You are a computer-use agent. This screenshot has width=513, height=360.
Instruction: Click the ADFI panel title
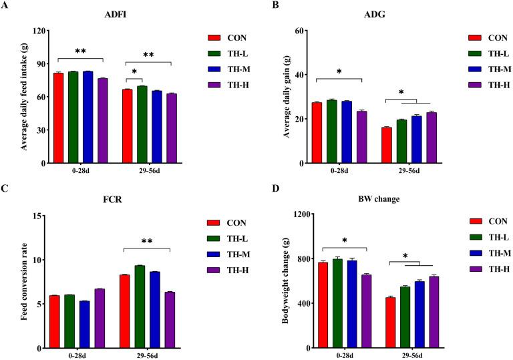click(x=112, y=18)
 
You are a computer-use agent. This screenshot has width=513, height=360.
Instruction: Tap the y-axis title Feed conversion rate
click(x=25, y=281)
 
